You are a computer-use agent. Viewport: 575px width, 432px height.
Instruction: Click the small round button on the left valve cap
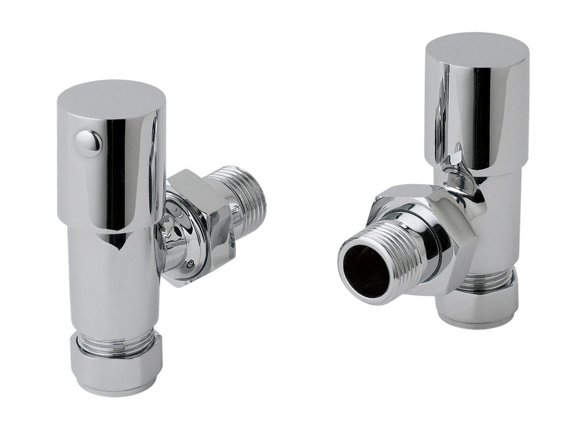[x=89, y=143]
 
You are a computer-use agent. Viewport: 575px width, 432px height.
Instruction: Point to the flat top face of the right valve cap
[x=476, y=49]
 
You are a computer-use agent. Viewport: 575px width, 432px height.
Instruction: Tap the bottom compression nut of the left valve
[x=117, y=369]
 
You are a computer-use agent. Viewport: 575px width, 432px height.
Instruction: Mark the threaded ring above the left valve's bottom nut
[x=117, y=342]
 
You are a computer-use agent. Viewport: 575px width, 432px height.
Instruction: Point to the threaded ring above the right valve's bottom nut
[x=488, y=282]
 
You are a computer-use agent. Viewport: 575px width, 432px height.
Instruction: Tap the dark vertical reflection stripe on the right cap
[x=483, y=118]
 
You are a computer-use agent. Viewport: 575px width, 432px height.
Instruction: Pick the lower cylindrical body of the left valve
[x=114, y=284]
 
